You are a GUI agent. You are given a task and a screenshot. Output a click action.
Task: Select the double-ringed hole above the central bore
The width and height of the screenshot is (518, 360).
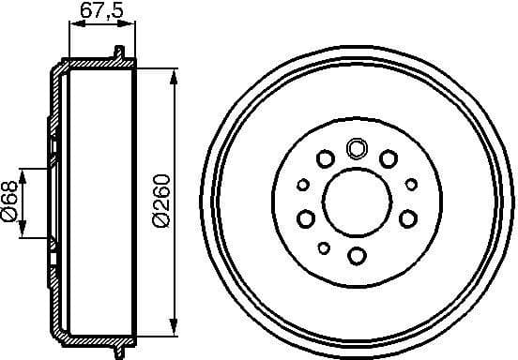click(x=357, y=147)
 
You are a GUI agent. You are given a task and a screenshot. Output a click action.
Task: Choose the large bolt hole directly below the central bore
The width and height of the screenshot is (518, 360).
click(x=357, y=255)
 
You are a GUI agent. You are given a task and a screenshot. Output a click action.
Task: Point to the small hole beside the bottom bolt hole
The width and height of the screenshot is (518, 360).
click(x=324, y=247)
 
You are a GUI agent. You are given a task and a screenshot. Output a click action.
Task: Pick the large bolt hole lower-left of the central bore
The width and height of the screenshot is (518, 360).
click(x=306, y=219)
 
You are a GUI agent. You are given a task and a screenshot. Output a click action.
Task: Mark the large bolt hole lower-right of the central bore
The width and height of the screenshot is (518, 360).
click(x=407, y=219)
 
